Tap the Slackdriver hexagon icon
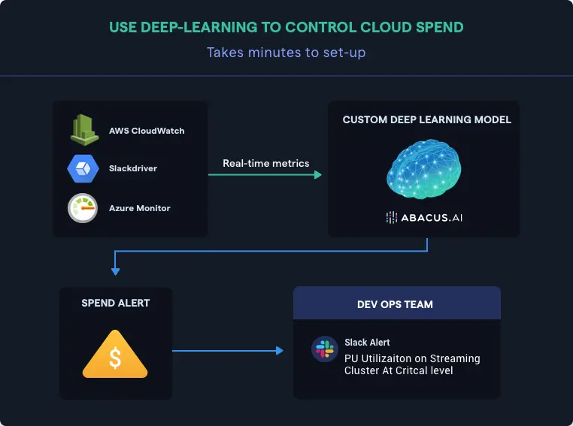click(82, 168)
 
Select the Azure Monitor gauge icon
click(82, 208)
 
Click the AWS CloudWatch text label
click(147, 130)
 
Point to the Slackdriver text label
click(133, 168)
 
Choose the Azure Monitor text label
click(140, 208)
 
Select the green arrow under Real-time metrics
click(265, 175)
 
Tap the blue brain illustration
click(423, 169)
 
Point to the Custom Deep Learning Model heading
click(426, 119)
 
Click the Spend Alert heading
click(116, 303)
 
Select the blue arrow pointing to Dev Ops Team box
click(228, 350)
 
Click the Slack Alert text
click(367, 342)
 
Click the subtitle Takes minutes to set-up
click(286, 53)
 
